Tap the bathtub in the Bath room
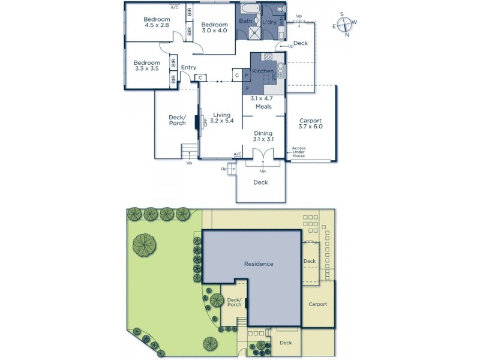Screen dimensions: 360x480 tap(248, 10)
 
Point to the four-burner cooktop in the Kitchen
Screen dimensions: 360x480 tap(268, 58)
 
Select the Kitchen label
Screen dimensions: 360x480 tap(262, 71)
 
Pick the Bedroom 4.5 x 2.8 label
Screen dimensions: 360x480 tap(157, 23)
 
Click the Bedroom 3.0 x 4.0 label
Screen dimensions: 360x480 tap(214, 26)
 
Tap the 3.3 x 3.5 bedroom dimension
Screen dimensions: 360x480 tap(147, 69)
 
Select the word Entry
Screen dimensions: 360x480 tap(188, 67)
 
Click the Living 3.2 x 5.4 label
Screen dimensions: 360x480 tap(222, 118)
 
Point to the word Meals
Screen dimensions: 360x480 tap(263, 107)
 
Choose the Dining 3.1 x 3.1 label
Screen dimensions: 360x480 tap(263, 136)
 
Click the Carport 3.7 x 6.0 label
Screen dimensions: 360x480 tap(310, 123)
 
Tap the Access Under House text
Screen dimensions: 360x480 tap(299, 152)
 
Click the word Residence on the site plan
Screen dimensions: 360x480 tap(258, 263)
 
